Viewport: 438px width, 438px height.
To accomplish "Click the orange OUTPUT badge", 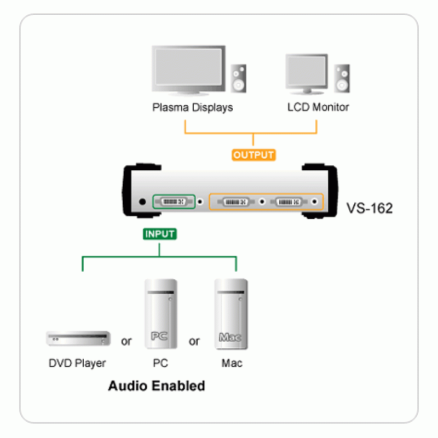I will click(x=253, y=155).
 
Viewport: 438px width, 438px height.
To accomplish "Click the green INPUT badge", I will click(x=159, y=234).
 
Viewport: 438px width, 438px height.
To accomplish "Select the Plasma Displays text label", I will click(x=192, y=107).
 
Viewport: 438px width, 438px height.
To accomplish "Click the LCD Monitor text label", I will click(x=318, y=107).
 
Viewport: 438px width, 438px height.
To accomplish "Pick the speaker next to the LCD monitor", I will click(x=342, y=79).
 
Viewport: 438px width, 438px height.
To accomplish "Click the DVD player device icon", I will click(x=78, y=339).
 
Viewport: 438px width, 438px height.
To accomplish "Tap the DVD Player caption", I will click(x=77, y=363).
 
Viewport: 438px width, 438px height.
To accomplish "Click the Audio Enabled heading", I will click(x=157, y=386).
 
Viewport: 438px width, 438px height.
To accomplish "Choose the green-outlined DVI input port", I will click(x=174, y=201).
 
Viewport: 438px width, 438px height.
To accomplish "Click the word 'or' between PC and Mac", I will click(x=194, y=342).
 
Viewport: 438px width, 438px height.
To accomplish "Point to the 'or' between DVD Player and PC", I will click(x=126, y=342).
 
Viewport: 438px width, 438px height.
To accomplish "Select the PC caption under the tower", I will click(x=160, y=363).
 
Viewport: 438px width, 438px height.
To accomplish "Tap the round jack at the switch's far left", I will click(x=143, y=201).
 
